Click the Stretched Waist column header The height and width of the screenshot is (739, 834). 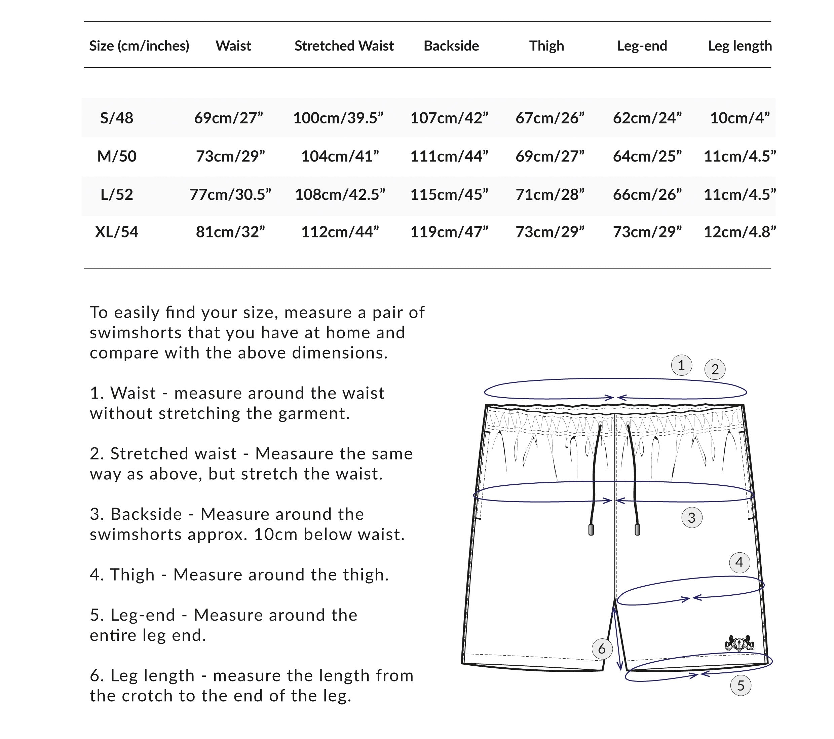344,46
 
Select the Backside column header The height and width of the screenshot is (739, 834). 451,46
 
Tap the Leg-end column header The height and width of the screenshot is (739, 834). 642,46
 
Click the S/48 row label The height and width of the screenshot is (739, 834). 117,118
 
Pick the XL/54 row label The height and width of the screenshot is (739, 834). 117,232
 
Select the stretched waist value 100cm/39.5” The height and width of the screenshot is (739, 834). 338,118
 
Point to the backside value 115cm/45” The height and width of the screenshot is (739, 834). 449,194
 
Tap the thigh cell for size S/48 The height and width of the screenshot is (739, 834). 549,118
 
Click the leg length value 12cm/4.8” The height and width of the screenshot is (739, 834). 740,232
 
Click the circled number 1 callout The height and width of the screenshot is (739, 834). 681,365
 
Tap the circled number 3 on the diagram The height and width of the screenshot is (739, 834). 692,518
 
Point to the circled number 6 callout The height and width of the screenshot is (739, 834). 602,649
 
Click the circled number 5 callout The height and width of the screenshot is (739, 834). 741,686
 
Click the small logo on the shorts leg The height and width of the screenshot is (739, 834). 739,643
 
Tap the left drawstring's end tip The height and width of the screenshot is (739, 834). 591,530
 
